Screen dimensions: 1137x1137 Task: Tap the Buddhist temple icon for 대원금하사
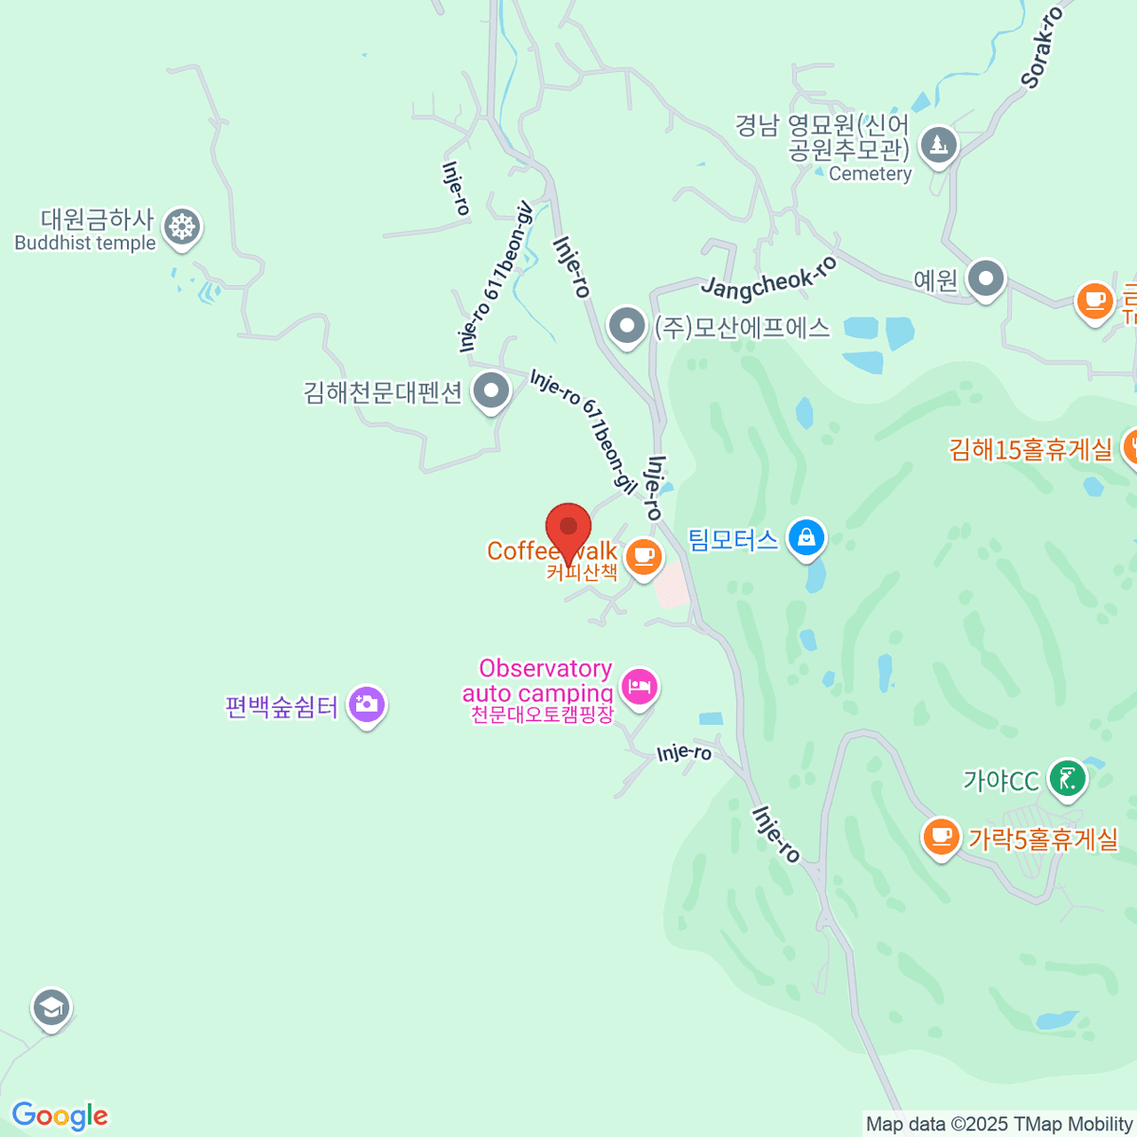click(x=181, y=227)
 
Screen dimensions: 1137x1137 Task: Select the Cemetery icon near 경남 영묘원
click(x=938, y=146)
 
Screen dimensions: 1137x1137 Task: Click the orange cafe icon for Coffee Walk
click(x=643, y=554)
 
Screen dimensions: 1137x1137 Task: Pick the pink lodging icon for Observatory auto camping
click(x=640, y=685)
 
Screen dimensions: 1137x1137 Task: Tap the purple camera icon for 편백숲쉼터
click(x=367, y=704)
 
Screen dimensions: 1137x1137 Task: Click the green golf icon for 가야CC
click(x=1068, y=780)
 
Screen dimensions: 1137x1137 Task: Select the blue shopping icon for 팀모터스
click(x=806, y=537)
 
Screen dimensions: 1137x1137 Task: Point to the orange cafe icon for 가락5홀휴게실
click(x=941, y=837)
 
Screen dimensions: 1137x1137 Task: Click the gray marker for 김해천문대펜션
click(x=491, y=390)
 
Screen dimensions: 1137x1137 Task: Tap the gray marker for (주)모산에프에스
click(x=625, y=326)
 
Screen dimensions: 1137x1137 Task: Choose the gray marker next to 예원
click(x=985, y=280)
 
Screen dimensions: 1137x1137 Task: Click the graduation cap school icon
click(x=51, y=1008)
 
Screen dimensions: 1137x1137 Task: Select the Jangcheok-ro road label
click(x=768, y=276)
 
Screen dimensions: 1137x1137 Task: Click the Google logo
click(x=60, y=1116)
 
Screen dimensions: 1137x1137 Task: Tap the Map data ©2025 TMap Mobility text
click(x=1000, y=1125)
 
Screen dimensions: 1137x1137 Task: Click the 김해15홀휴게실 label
click(x=1031, y=449)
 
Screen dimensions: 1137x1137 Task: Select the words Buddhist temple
click(x=85, y=244)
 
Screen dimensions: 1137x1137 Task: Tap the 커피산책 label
click(x=582, y=573)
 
